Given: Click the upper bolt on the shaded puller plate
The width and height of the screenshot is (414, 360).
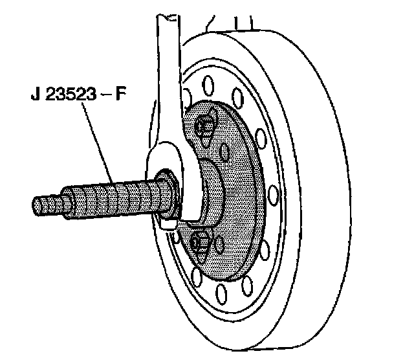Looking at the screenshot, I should [x=206, y=126].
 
